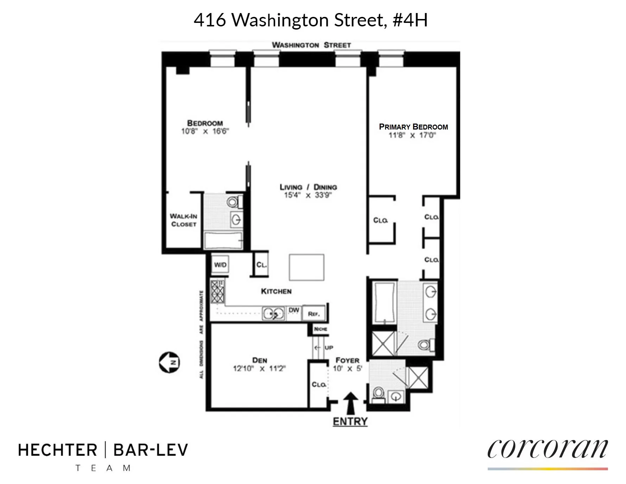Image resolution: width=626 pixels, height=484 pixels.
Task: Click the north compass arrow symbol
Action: (169, 362)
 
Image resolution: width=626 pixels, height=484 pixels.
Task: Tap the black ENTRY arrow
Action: (350, 403)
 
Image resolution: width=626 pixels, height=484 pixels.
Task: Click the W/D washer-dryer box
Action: (221, 264)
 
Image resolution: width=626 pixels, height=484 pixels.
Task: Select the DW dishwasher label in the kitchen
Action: (294, 310)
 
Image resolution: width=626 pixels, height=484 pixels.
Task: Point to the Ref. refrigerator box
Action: (314, 313)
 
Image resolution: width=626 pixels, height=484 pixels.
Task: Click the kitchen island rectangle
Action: (306, 267)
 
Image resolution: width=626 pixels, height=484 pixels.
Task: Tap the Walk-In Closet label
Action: (183, 220)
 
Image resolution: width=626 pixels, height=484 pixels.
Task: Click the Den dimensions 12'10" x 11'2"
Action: (259, 369)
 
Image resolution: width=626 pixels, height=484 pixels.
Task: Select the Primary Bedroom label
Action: (413, 127)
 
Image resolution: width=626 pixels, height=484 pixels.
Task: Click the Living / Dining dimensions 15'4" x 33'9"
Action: (308, 195)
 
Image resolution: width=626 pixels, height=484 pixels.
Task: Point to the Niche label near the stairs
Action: (321, 329)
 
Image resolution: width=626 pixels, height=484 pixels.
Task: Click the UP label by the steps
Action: (329, 348)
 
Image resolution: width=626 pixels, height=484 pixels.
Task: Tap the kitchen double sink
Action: (273, 313)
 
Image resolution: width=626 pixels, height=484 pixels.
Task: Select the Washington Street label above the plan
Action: (311, 45)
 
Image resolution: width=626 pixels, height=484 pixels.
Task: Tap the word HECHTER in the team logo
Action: (58, 450)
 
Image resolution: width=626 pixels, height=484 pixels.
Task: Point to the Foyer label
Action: (347, 360)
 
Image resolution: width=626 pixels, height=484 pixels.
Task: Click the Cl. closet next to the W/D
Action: (261, 264)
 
